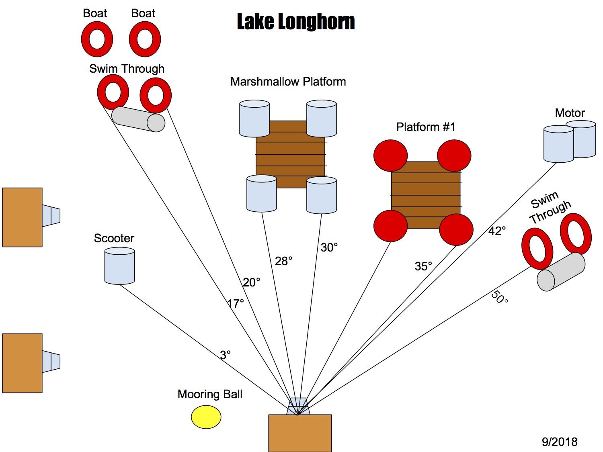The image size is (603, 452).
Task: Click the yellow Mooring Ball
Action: point(206,417)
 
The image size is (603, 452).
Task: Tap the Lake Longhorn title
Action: point(296,22)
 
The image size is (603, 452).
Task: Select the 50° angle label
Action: point(499,297)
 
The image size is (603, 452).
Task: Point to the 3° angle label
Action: point(225,355)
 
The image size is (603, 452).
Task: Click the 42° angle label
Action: point(497,231)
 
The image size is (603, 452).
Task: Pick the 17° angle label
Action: point(236,303)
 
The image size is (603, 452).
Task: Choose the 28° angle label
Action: point(283,261)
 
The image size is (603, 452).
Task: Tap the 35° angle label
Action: point(423,266)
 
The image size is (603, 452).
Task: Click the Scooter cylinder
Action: point(119,266)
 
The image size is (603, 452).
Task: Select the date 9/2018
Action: point(560,442)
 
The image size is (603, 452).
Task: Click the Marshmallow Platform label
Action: point(288,82)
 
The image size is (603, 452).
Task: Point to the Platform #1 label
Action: point(426,127)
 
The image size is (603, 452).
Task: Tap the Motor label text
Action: point(570,113)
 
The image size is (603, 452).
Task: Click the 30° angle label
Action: point(329,247)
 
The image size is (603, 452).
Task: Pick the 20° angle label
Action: point(252,282)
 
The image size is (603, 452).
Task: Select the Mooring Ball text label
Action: point(210,394)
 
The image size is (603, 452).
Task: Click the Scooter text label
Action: point(114,238)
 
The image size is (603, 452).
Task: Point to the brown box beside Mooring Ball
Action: point(300,433)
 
